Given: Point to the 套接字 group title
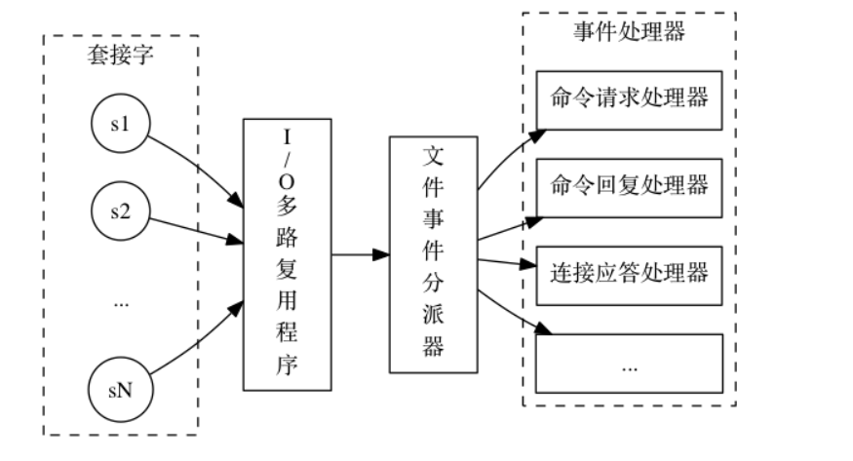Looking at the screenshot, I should (x=121, y=56).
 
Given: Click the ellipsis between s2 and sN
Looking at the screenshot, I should (x=122, y=304).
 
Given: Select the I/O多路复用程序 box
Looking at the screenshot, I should (x=287, y=253).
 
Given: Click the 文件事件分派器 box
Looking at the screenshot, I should (x=434, y=253).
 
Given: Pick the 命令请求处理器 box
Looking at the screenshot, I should (x=629, y=99).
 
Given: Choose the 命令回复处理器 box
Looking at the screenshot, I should (x=629, y=185).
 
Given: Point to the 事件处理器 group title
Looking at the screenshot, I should (x=629, y=32).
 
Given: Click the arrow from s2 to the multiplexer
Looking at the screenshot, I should (x=195, y=227).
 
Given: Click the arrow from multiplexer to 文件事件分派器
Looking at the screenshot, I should (x=360, y=255).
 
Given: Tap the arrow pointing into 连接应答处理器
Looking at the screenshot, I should (x=507, y=262).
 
